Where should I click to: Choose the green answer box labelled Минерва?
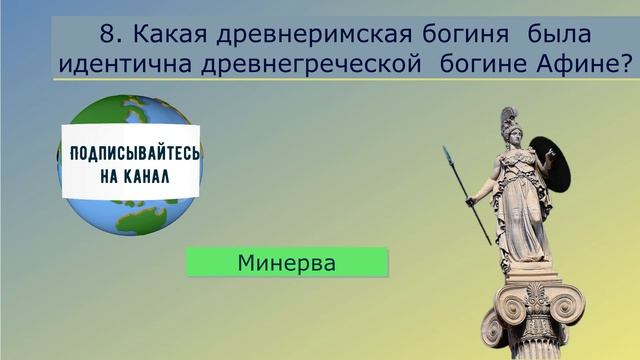[286, 263]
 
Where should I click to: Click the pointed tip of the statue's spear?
[446, 151]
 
